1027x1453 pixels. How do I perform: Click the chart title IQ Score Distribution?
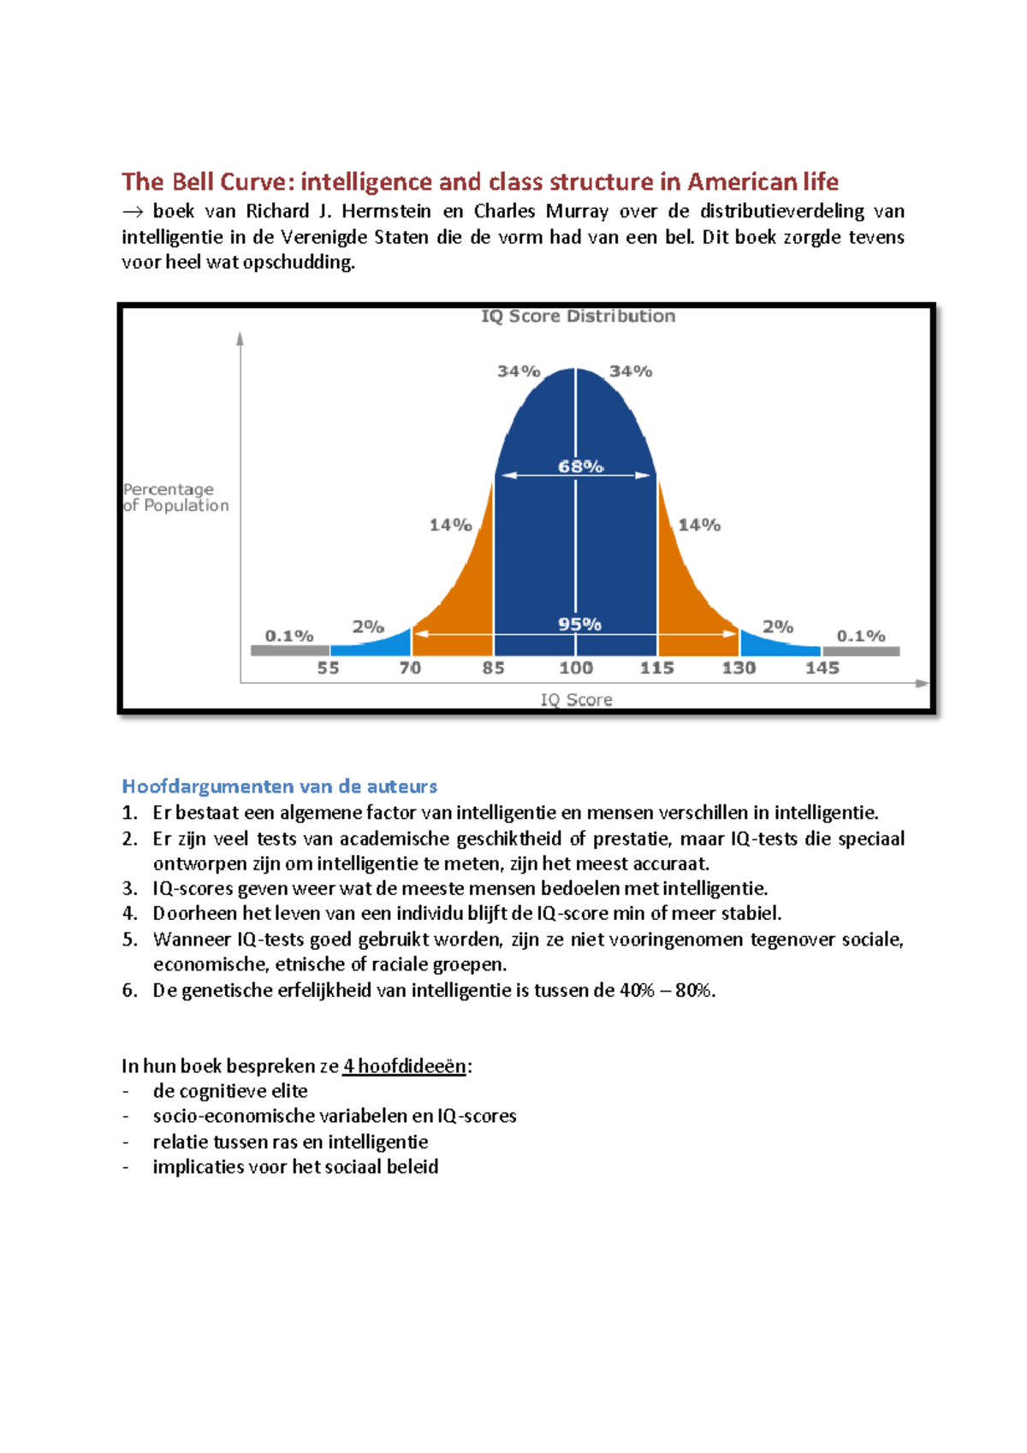point(578,317)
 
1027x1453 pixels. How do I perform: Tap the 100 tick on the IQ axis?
point(576,667)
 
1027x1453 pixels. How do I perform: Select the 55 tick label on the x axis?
point(329,667)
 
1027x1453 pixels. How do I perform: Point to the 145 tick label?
point(822,667)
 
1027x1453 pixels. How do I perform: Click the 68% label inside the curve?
point(580,466)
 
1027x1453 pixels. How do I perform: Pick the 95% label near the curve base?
point(579,625)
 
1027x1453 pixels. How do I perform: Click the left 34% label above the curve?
point(519,371)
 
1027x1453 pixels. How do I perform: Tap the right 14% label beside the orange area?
point(699,525)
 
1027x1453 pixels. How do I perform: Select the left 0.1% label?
point(288,636)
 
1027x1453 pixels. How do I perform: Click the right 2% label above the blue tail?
point(778,626)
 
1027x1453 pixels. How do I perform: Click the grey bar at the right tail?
point(861,651)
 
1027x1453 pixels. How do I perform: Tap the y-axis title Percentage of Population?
point(175,497)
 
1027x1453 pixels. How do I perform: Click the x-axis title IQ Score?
point(576,700)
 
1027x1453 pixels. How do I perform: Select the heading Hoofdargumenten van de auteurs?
point(279,786)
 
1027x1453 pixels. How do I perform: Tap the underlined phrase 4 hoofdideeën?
point(405,1066)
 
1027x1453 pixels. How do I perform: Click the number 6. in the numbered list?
point(129,991)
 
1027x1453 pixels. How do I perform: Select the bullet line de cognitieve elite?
point(230,1091)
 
